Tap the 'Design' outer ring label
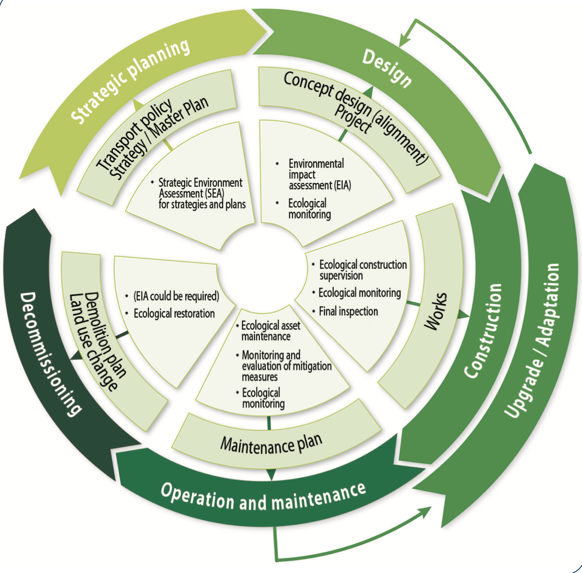point(387,68)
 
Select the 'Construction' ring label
point(483,330)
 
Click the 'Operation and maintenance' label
point(263,496)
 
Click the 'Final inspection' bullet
point(348,312)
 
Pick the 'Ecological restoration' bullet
point(174,314)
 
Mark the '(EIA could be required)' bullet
point(176,296)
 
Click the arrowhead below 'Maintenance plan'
point(271,474)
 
